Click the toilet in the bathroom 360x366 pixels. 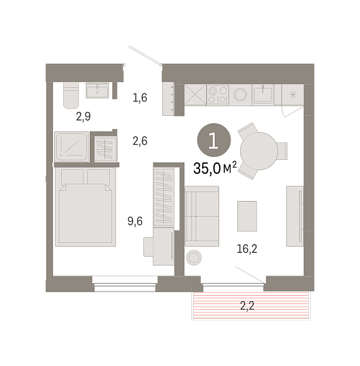point(71,95)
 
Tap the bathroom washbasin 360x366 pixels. point(97,90)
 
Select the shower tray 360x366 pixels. point(71,147)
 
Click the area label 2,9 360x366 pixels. point(83,116)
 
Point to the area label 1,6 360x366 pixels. point(140,97)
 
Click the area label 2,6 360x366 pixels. point(140,141)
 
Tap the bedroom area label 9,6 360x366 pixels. point(135,221)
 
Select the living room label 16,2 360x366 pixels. point(247,249)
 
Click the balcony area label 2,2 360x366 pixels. point(247,305)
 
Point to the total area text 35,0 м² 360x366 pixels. point(215,168)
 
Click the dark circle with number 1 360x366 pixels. point(214,140)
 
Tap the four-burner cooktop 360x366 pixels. point(217,95)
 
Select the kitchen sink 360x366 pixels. point(263,94)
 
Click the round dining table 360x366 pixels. point(259,151)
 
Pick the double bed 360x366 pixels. point(85,207)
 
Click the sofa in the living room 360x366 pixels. point(202,216)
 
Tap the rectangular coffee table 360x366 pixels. point(247,216)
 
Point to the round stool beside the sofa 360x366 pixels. point(194,257)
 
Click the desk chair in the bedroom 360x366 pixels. point(148,247)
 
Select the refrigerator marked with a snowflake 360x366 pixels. point(293,95)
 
